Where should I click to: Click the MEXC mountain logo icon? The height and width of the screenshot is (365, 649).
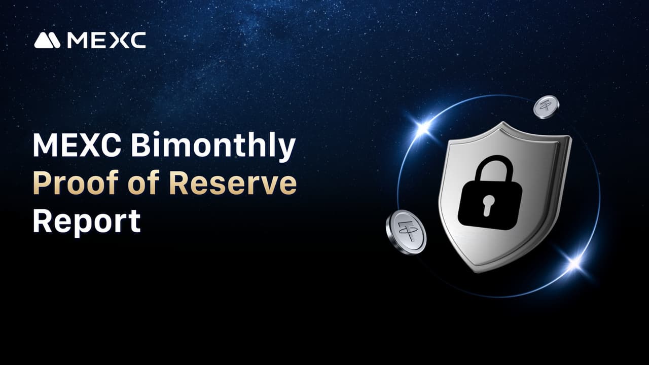point(47,40)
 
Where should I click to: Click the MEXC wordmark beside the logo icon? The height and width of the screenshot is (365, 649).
point(106,40)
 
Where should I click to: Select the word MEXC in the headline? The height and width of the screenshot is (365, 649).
point(77,144)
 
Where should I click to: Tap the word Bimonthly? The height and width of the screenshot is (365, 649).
point(213,147)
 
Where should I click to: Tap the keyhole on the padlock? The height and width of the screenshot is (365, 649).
point(489,205)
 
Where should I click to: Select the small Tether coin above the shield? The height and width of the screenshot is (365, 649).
point(546,107)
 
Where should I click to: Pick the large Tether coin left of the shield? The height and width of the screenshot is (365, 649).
point(406,232)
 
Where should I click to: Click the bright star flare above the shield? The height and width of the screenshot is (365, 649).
point(423,127)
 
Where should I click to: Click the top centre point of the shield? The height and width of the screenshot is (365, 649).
point(503,123)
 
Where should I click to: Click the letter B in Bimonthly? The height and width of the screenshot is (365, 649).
point(141,144)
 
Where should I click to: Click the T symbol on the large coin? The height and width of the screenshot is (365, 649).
point(407,231)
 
